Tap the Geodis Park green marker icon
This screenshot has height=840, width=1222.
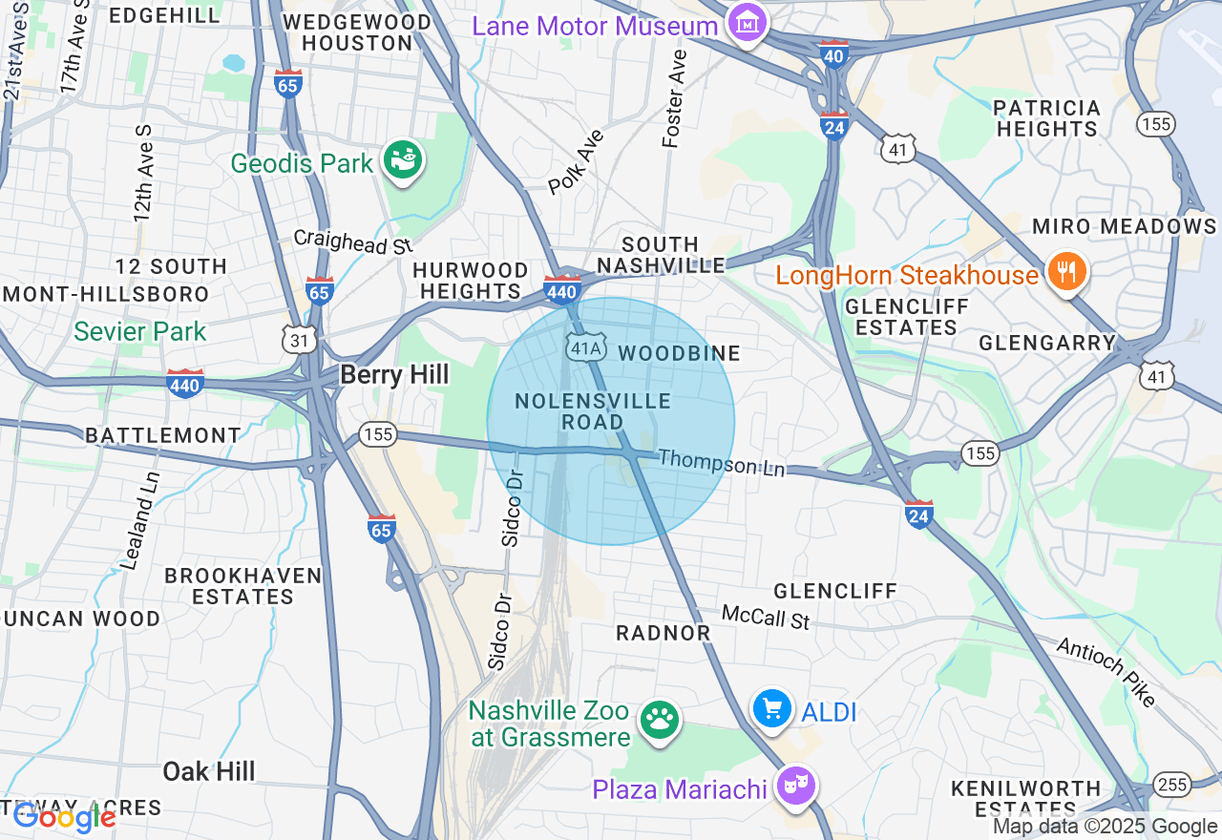(x=403, y=160)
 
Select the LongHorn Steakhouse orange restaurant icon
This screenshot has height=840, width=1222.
(x=1065, y=272)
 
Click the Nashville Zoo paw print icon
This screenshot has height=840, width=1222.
(x=659, y=721)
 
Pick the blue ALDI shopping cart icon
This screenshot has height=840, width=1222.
(x=771, y=709)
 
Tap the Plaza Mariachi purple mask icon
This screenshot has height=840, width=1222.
(x=795, y=786)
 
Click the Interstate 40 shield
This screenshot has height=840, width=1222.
(x=833, y=53)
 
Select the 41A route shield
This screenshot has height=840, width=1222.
(x=584, y=348)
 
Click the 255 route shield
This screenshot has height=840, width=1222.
(x=1172, y=785)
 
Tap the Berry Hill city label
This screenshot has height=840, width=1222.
(x=393, y=374)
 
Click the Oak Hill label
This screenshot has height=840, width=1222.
(x=208, y=771)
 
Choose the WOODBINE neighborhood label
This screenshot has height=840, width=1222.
(x=679, y=353)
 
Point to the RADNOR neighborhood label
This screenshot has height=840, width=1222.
(x=664, y=633)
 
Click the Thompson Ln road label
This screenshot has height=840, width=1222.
(x=721, y=464)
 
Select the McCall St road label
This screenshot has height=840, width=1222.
(x=766, y=617)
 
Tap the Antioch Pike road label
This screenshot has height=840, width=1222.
(x=1106, y=672)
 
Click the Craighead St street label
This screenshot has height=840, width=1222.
(x=352, y=241)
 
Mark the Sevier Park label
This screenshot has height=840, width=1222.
(x=139, y=332)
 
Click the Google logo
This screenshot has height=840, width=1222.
(x=64, y=817)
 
